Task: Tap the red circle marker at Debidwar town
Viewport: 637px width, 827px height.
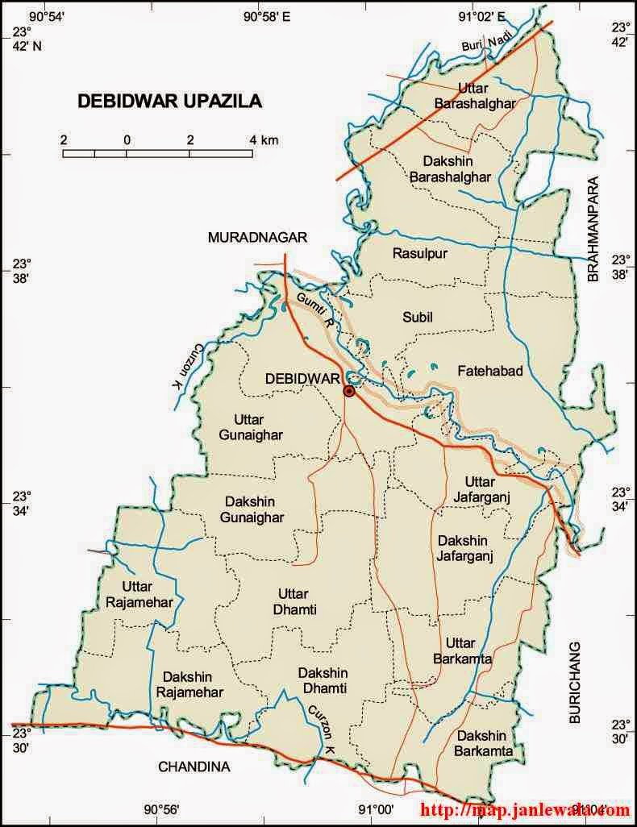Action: tap(348, 391)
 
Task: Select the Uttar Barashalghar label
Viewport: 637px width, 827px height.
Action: tap(485, 95)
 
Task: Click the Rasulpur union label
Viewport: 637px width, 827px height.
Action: tap(419, 254)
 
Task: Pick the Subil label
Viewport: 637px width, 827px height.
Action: tap(418, 318)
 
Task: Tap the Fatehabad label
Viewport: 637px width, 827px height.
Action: tap(490, 371)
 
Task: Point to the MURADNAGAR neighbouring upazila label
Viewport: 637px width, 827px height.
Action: tap(258, 237)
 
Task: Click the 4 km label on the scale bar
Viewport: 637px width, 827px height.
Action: tap(264, 140)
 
